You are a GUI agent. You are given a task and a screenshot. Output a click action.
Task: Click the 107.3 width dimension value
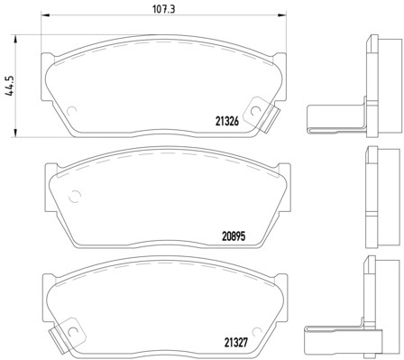164,9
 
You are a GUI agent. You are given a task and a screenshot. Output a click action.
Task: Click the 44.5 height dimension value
10,86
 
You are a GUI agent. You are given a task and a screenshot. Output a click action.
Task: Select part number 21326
227,121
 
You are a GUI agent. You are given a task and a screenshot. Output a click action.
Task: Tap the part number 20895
234,236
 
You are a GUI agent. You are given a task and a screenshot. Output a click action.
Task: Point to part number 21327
235,343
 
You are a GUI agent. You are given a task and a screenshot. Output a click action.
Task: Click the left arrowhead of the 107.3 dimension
44,14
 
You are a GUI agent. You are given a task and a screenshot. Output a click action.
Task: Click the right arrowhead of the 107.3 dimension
282,14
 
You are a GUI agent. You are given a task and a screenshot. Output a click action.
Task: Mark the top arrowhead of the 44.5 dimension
14,39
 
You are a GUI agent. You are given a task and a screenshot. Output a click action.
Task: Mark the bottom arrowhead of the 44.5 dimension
14,134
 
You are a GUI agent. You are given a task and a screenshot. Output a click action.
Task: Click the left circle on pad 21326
71,111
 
